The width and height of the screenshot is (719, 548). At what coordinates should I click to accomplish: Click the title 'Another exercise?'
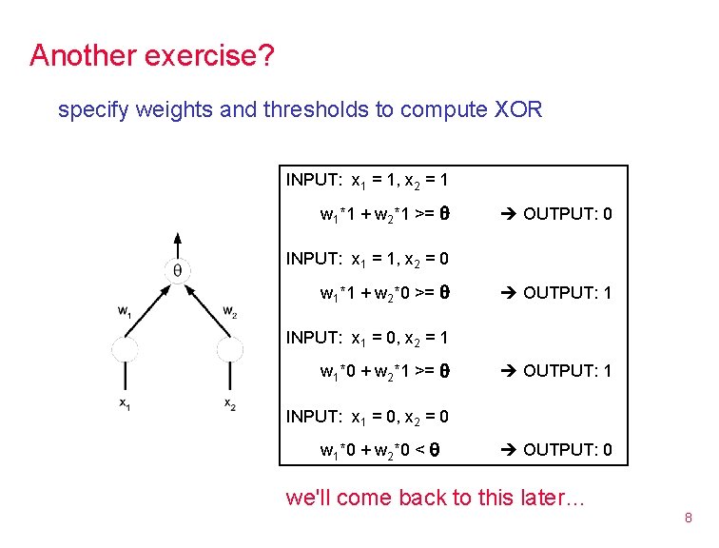pyautogui.click(x=152, y=55)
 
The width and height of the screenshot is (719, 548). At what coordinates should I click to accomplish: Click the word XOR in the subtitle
pyautogui.click(x=518, y=109)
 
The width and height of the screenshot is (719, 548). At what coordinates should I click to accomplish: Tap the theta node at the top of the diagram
pyautogui.click(x=177, y=271)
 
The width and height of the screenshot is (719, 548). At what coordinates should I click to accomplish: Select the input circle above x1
pyautogui.click(x=126, y=349)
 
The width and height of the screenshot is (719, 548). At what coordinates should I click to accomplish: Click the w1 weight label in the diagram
pyautogui.click(x=124, y=310)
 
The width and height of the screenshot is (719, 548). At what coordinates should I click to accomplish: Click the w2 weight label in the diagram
pyautogui.click(x=229, y=310)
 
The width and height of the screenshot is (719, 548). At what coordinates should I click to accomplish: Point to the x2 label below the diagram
pyautogui.click(x=229, y=403)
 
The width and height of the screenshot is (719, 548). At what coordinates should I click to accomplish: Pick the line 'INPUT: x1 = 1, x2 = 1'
pyautogui.click(x=367, y=180)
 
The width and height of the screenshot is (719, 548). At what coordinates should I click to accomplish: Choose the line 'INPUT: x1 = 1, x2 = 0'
pyautogui.click(x=367, y=259)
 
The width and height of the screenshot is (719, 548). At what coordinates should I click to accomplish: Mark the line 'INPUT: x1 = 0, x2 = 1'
pyautogui.click(x=367, y=338)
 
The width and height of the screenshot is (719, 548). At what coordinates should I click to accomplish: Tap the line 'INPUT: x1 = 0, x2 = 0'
pyautogui.click(x=367, y=417)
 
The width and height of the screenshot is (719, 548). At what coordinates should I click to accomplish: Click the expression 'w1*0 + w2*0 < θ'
pyautogui.click(x=384, y=449)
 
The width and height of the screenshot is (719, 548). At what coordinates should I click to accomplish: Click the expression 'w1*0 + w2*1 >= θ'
pyautogui.click(x=384, y=371)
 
